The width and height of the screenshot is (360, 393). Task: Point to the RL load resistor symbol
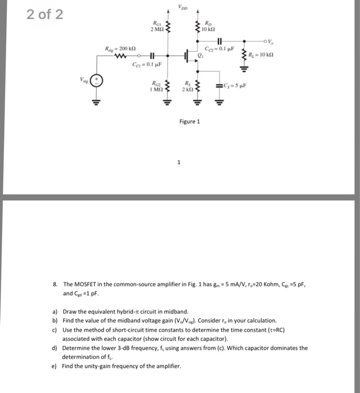click(244, 56)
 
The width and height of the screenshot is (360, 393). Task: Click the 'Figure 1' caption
click(189, 121)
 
